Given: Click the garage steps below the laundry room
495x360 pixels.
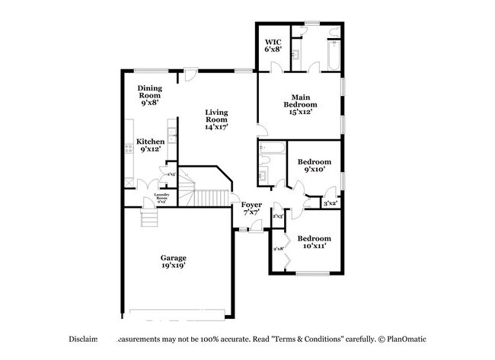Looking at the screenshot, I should tap(149, 220).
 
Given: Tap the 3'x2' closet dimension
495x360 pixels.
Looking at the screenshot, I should tap(330, 204).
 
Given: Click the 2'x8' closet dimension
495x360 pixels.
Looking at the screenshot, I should tap(279, 249).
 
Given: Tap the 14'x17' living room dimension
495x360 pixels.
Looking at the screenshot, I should tap(216, 127).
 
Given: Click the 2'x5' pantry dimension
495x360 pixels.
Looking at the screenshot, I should tap(171, 175).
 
